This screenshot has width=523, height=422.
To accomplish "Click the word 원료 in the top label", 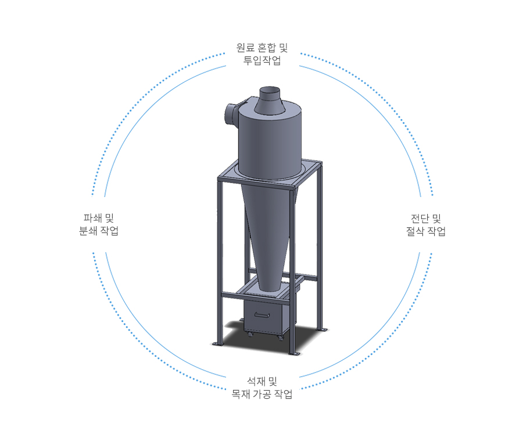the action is [245, 48].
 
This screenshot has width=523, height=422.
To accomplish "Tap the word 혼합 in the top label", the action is [267, 48].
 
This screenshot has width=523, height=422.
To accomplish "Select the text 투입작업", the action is [262, 60].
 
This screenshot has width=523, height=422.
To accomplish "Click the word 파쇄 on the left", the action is [92, 218].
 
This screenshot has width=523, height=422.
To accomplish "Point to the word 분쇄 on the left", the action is [88, 231].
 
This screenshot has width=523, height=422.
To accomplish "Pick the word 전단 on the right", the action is [420, 219].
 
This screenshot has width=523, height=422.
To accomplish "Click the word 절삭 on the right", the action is [415, 231].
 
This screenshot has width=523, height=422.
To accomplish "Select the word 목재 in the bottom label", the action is [241, 394].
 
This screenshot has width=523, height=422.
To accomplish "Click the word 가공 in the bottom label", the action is [262, 394].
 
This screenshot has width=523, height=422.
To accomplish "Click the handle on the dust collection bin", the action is [262, 315].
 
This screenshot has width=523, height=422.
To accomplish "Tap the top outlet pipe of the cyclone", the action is [270, 100].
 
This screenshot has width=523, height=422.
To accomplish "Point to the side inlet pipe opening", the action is [230, 115].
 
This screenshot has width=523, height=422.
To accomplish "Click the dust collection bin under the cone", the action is [266, 316].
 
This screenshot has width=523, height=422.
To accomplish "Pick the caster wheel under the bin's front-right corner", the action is [280, 338].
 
